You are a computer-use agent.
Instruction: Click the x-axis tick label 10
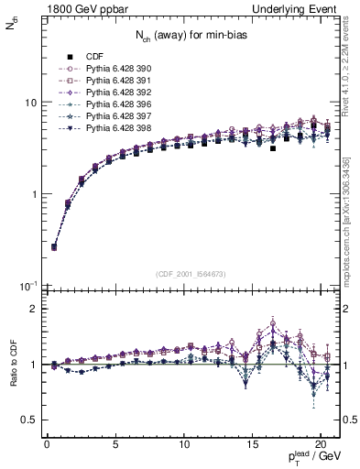184,446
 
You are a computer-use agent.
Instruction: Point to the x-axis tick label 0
47,446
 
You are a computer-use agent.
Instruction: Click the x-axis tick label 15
252,446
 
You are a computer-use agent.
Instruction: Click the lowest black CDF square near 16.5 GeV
273,147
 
